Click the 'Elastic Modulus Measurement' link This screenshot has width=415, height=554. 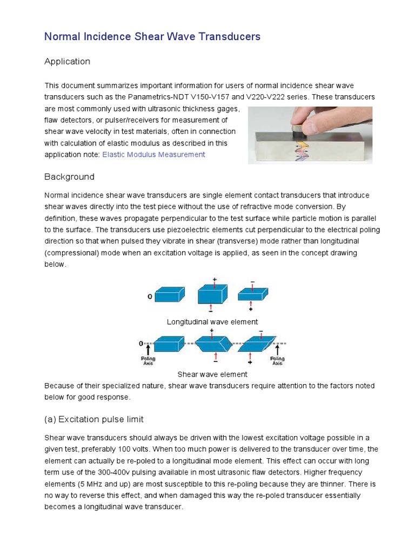tap(153, 155)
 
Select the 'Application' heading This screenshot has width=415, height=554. tap(67, 62)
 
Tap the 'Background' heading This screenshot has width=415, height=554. tap(69, 177)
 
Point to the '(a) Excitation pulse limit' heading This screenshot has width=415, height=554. tap(93, 419)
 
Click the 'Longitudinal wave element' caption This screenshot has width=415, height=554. tap(212, 322)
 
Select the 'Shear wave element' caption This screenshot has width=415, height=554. tap(212, 374)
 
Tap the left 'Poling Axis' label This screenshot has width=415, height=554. tap(148, 361)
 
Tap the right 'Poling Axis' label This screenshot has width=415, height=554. tap(277, 361)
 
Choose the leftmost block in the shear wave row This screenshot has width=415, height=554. tap(169, 344)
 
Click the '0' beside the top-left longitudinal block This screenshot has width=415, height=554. tap(150, 296)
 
